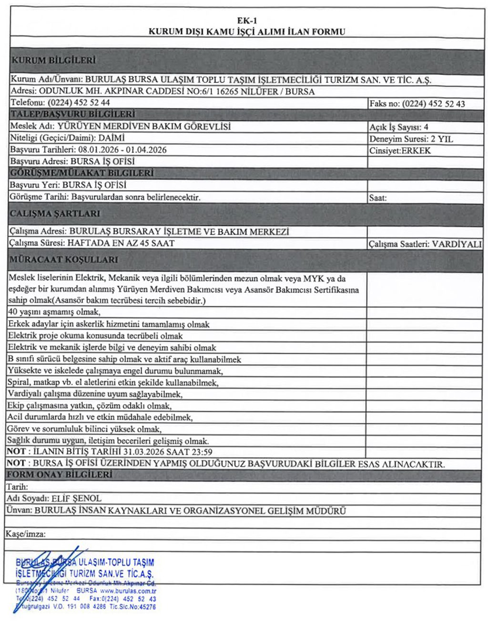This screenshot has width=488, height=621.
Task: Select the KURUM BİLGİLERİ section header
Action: [53, 61]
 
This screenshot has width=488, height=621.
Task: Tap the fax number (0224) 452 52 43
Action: [433, 104]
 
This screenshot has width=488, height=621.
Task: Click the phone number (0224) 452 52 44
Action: [79, 103]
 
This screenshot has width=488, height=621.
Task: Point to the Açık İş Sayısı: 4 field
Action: [399, 127]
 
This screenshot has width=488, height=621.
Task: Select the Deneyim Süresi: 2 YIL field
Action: [411, 139]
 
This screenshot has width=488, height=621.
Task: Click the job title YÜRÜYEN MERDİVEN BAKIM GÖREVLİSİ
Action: [144, 126]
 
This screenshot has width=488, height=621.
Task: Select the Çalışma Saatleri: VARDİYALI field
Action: [425, 244]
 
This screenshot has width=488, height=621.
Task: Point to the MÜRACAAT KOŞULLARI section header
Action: [63, 260]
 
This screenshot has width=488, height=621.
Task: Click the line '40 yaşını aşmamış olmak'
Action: [54, 312]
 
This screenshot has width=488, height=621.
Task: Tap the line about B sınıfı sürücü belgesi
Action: [124, 359]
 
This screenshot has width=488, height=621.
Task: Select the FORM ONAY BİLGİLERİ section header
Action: [60, 475]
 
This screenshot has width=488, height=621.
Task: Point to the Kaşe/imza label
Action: [26, 534]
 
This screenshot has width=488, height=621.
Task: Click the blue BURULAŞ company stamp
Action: [86, 582]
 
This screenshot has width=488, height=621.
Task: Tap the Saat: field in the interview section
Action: [378, 197]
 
